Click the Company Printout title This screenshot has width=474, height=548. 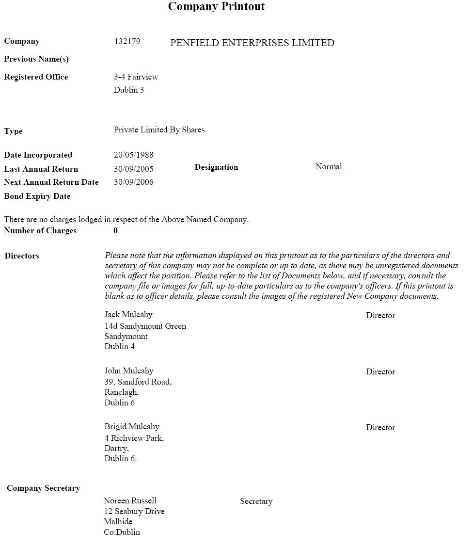point(216,6)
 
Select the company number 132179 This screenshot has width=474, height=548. point(127,42)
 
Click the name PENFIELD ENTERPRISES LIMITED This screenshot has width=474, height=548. point(252,43)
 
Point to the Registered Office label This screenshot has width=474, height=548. point(36,77)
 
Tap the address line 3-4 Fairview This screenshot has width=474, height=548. point(136,77)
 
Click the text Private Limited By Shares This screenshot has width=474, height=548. point(159,130)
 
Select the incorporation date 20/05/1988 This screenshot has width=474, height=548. point(133,155)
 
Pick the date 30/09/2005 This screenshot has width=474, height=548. point(133,169)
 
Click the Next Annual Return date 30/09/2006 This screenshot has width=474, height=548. point(133,182)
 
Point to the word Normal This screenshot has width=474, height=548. point(329,167)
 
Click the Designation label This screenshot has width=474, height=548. point(216,167)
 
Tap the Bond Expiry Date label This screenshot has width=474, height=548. point(37,196)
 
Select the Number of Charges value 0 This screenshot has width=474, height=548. point(115,231)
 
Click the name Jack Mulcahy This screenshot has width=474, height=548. point(128,315)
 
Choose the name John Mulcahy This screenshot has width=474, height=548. point(129,371)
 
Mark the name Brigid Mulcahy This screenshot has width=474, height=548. point(132,427)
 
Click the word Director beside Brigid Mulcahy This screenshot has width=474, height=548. point(380,428)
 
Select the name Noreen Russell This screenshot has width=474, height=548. point(130,501)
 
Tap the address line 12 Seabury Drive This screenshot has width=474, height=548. point(134,512)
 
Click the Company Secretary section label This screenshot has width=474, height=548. point(43,488)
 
